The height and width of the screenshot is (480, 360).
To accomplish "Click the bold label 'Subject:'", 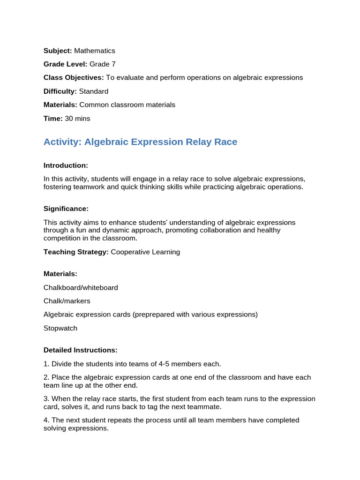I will (x=58, y=51).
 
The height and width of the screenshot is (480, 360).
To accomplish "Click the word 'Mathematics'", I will (x=94, y=51).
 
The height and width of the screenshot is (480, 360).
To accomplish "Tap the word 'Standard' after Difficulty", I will (x=94, y=91).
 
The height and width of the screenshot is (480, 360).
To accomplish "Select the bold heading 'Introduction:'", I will (x=66, y=165).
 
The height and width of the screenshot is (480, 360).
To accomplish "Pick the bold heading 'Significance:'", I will (x=66, y=209).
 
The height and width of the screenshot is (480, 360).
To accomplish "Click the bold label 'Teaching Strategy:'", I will (x=76, y=252).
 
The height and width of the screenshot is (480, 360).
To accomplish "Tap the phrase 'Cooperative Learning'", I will (x=145, y=252).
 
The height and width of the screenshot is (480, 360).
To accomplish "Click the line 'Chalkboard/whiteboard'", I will (x=81, y=287).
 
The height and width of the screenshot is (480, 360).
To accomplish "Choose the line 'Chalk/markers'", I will (x=67, y=301).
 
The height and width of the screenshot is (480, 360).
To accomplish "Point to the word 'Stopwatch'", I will (x=60, y=328).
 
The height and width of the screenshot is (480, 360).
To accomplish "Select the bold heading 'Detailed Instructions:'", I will (x=81, y=350).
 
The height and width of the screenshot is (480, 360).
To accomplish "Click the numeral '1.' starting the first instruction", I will (x=46, y=364).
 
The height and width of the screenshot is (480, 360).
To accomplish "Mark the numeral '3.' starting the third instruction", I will (x=46, y=399).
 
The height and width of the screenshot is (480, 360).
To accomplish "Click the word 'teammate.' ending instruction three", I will (x=206, y=407).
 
